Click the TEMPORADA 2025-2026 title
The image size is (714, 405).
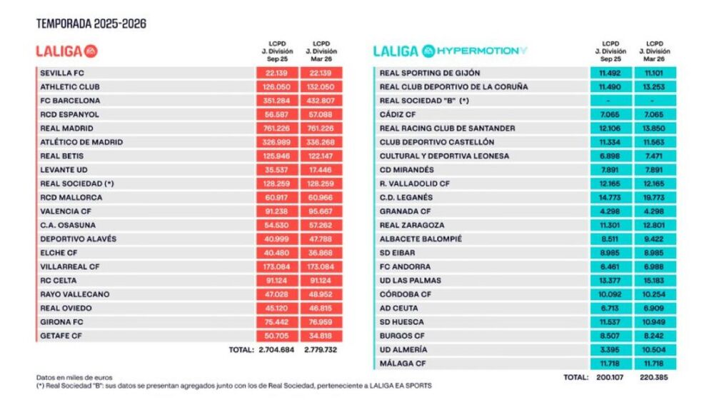pos(91,24)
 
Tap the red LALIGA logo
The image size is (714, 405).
pos(66,51)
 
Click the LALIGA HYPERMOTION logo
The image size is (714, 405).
pos(451,51)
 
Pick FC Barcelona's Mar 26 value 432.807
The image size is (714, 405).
pos(321,101)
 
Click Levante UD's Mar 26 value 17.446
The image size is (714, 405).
pos(321,170)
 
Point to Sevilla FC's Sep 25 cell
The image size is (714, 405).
pos(276,73)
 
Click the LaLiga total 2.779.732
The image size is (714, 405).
pos(321,351)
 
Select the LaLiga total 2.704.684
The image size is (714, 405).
pos(276,351)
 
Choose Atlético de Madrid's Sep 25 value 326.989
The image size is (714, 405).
pos(276,142)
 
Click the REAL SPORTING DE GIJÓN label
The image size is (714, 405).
pos(430,73)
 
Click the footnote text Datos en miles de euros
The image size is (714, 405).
pos(74,377)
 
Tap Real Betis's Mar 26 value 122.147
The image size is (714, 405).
pos(321,156)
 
